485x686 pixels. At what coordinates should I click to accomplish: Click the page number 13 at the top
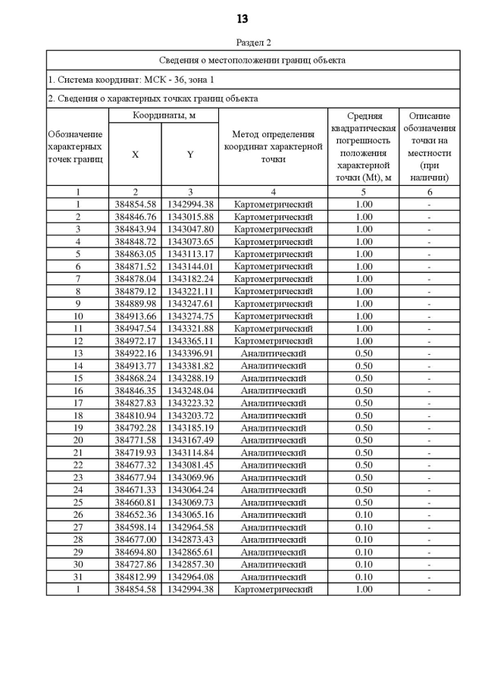pyautogui.click(x=242, y=19)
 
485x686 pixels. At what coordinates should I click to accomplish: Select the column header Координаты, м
pyautogui.click(x=164, y=115)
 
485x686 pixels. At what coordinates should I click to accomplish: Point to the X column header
pyautogui.click(x=135, y=154)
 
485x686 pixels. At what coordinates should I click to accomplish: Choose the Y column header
pyautogui.click(x=189, y=154)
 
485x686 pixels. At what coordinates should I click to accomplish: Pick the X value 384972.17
pyautogui.click(x=135, y=341)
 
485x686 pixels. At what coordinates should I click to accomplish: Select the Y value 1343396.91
pyautogui.click(x=190, y=353)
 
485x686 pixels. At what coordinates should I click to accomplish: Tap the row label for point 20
pyautogui.click(x=77, y=440)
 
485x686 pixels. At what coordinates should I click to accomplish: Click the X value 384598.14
pyautogui.click(x=135, y=527)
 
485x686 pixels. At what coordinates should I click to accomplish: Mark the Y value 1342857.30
pyautogui.click(x=190, y=565)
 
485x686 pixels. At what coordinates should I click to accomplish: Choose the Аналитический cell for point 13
pyautogui.click(x=273, y=353)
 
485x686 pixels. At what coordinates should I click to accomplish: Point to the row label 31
pyautogui.click(x=77, y=577)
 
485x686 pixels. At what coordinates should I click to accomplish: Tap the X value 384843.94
pyautogui.click(x=135, y=229)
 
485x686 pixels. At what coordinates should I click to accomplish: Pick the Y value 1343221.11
pyautogui.click(x=190, y=291)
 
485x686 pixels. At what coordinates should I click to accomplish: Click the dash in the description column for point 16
pyautogui.click(x=429, y=390)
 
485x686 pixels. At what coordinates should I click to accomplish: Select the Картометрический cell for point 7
pyautogui.click(x=273, y=279)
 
